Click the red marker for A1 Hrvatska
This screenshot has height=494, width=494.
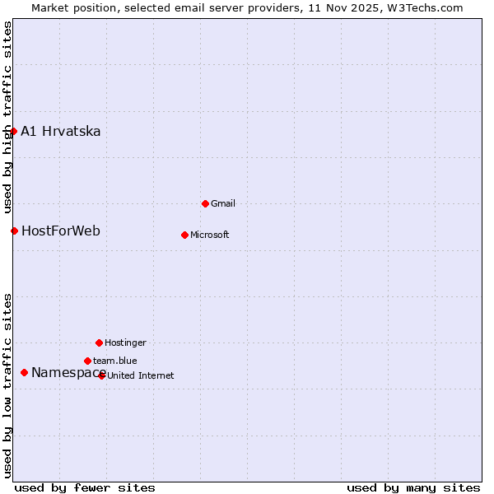point(13,131)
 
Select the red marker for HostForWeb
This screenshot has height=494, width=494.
point(14,231)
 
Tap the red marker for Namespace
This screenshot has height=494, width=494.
point(24,373)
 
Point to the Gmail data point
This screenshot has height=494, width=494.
point(205,203)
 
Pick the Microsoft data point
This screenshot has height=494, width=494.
point(184,235)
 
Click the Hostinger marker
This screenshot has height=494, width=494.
point(99,343)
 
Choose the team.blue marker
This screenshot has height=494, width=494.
point(87,361)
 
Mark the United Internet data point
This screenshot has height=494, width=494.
point(102,375)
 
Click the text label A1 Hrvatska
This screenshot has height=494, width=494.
point(61,132)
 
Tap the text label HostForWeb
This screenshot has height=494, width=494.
point(61,231)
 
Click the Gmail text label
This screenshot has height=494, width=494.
point(223,204)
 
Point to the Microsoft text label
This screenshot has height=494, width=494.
point(210,235)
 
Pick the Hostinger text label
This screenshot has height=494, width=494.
point(125,343)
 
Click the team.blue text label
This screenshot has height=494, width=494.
point(115,361)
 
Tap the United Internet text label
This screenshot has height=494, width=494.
point(141,376)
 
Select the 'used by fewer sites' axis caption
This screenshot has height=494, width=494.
point(85,487)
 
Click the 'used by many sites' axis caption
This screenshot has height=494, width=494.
point(413,487)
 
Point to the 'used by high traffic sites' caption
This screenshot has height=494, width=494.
point(7,115)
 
